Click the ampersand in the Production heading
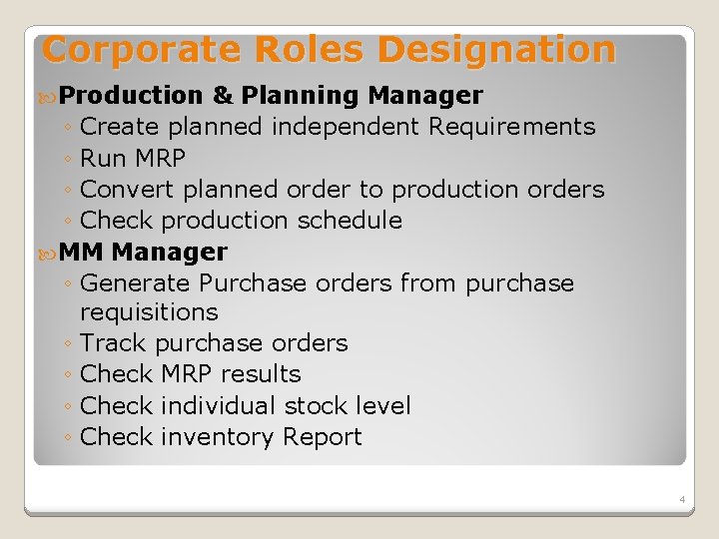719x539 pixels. pos(223,96)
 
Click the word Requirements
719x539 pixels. pos(511,127)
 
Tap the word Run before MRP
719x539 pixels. pos(103,158)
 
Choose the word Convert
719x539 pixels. pos(125,189)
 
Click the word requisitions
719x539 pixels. pos(149,312)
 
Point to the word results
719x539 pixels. pos(261,374)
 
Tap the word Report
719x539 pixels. pos(323,437)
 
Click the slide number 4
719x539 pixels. pos(681,499)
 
